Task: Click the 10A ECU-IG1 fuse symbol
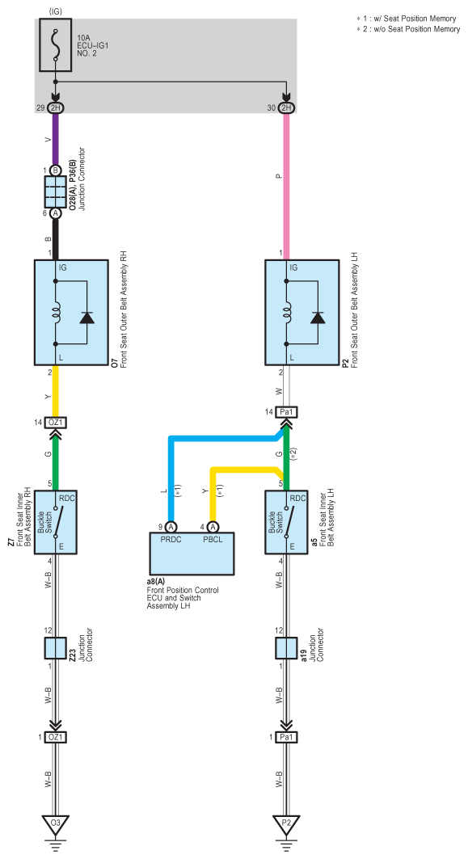coord(55,45)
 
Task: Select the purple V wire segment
coord(55,139)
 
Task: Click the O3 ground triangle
coord(55,823)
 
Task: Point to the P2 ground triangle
coord(285,823)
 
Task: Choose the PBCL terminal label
coord(213,539)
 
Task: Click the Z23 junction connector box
coord(55,648)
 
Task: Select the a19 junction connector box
coord(285,648)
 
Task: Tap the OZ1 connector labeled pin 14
coord(55,423)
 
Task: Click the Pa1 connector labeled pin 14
coord(285,411)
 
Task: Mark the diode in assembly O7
coord(86,317)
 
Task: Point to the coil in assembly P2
coord(285,313)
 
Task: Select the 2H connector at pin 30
coord(285,108)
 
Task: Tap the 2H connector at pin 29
coord(55,108)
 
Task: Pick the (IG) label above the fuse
coord(56,11)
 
